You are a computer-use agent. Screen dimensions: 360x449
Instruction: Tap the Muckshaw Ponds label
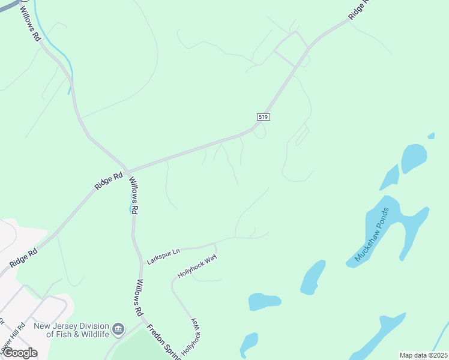pyautogui.click(x=372, y=235)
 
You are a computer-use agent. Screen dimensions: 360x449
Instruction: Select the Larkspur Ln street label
pyautogui.click(x=163, y=256)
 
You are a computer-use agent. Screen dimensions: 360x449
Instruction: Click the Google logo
pyautogui.click(x=20, y=353)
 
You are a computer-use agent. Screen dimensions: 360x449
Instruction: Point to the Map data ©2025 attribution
pyautogui.click(x=424, y=355)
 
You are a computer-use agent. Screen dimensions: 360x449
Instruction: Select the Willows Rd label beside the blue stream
pyautogui.click(x=30, y=23)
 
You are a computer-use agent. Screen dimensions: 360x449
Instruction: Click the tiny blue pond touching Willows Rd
pyautogui.click(x=130, y=208)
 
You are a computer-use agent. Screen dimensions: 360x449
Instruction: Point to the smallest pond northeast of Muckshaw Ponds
pyautogui.click(x=431, y=136)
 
